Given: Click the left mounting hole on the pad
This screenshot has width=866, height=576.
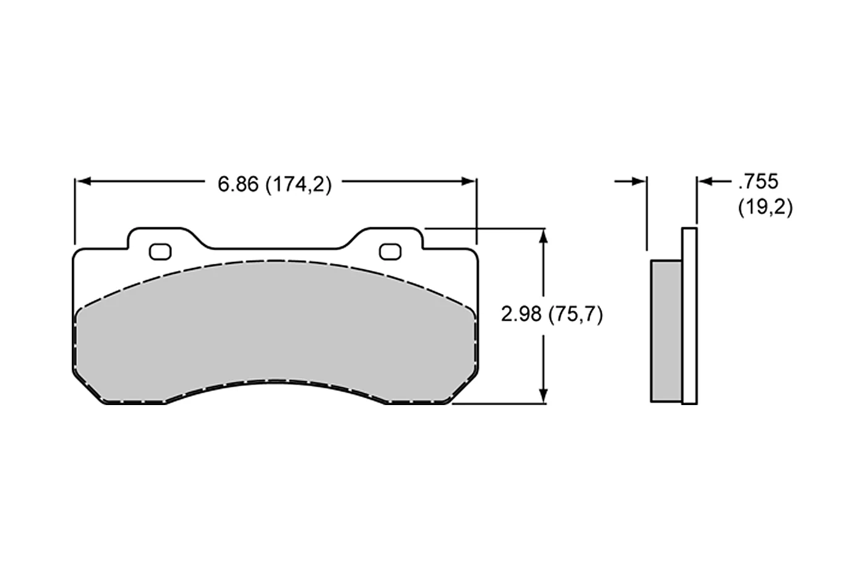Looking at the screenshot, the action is [160, 251].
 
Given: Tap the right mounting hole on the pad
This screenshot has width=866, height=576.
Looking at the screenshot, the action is [390, 251].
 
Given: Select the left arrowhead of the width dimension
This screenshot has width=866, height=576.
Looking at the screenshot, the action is [83, 181].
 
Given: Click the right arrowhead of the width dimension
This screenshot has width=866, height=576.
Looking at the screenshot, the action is [468, 181].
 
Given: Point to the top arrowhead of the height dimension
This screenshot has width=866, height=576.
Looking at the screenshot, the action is [543, 237].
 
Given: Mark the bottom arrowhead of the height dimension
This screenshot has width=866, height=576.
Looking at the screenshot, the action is [543, 395].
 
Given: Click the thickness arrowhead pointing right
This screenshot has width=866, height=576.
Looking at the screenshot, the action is [639, 181].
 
